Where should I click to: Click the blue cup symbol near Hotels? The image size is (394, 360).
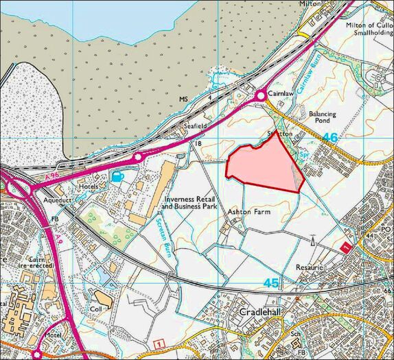tap(117, 177)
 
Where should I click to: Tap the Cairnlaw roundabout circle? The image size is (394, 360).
tap(262, 97)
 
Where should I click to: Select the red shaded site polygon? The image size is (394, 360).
tap(262, 166)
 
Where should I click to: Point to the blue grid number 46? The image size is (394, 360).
tap(330, 138)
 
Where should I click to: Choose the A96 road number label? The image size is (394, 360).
tap(41, 177)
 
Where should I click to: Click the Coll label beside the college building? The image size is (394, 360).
tap(95, 309)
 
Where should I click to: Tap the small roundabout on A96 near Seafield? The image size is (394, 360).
tap(138, 157)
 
